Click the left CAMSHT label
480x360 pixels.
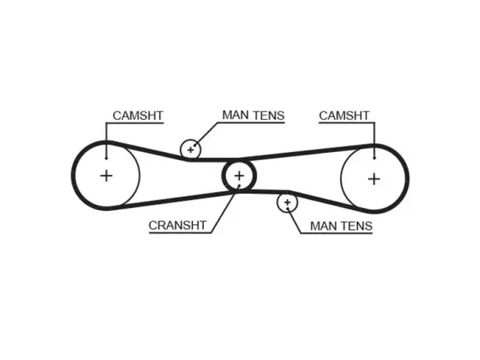(x=138, y=116)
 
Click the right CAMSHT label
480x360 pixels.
(x=344, y=116)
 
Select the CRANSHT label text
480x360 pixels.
(x=177, y=225)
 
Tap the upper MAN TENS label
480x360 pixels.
(x=253, y=115)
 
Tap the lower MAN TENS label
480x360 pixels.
(x=341, y=226)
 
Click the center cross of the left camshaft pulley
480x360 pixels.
(x=106, y=176)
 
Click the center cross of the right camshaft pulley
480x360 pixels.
(x=374, y=179)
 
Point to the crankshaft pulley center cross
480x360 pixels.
(x=239, y=176)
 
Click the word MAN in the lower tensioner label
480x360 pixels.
(x=324, y=226)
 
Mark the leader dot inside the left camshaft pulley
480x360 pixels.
(x=106, y=158)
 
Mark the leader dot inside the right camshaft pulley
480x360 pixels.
(x=374, y=158)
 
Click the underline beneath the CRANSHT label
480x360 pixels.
(x=180, y=233)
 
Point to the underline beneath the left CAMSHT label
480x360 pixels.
(x=135, y=123)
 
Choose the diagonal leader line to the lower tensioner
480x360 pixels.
(x=294, y=221)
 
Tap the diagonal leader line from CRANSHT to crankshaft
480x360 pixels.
(x=225, y=209)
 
